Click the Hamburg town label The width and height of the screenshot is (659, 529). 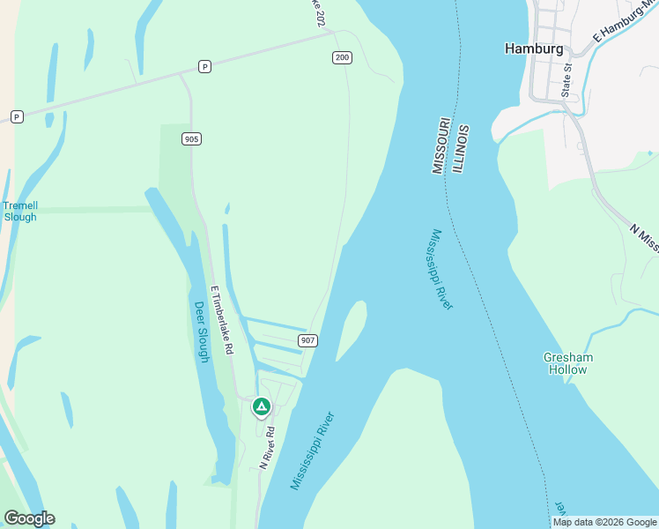point(534,49)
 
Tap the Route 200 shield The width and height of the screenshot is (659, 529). point(343,58)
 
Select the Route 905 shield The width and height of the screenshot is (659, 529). point(192,138)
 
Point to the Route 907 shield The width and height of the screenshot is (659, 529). point(307,340)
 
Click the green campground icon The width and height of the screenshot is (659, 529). point(261,406)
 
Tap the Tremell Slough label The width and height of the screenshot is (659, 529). point(20,212)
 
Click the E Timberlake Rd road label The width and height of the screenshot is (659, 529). point(221,319)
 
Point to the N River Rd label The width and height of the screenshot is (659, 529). point(267,447)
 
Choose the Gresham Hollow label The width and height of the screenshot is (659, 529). point(568,363)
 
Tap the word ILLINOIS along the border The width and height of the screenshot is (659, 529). point(461,148)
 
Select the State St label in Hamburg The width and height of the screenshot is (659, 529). point(566,79)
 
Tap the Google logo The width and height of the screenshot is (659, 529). point(29,518)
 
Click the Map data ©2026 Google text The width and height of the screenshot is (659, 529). point(604,522)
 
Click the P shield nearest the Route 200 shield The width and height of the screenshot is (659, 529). point(204,66)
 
